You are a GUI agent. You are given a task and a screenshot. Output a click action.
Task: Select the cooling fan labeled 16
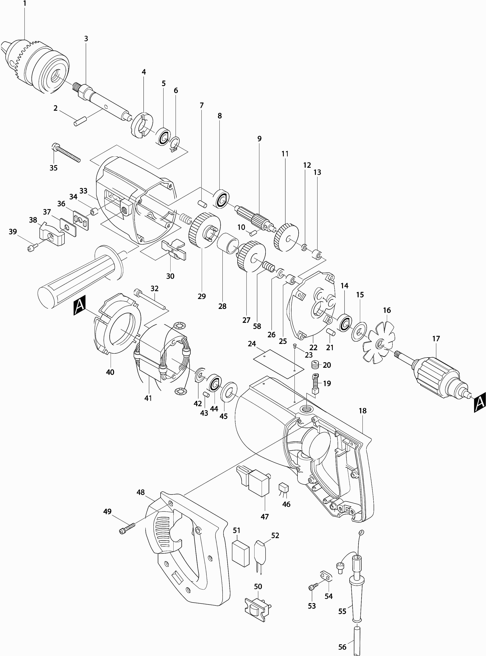coord(378,342)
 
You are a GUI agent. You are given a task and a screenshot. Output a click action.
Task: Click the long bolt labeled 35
coord(66,153)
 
